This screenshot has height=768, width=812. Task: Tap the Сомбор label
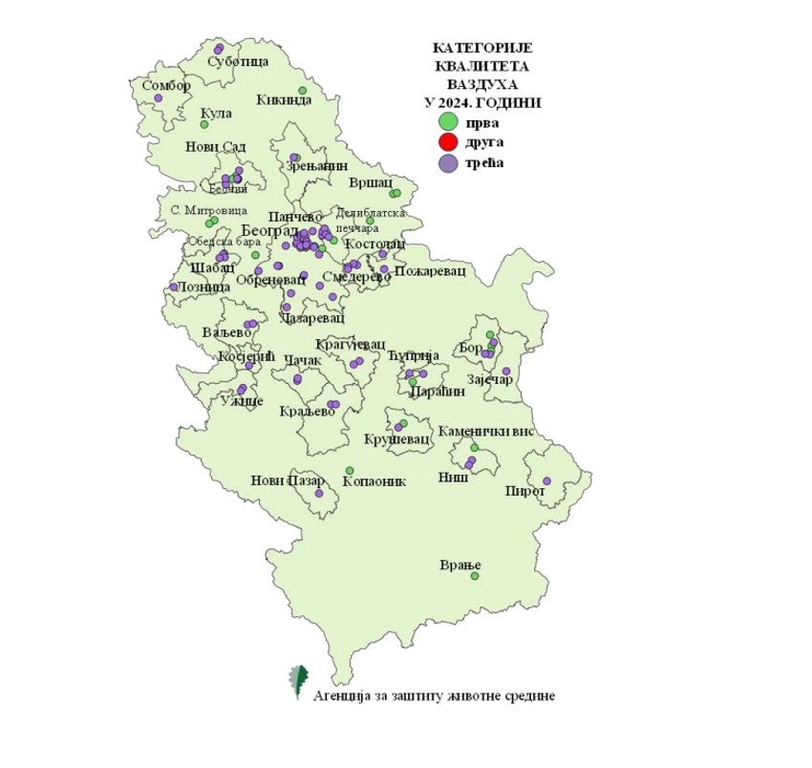click(166, 85)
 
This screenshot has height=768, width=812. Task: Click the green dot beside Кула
click(203, 124)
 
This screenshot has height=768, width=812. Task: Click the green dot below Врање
click(474, 576)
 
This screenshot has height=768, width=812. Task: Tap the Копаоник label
click(374, 481)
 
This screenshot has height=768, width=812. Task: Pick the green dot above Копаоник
click(350, 470)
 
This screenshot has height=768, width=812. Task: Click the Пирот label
click(526, 492)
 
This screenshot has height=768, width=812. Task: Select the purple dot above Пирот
click(546, 480)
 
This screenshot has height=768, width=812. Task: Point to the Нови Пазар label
click(288, 480)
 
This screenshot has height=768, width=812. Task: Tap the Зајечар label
click(494, 379)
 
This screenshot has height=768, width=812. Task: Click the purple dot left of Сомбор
click(159, 98)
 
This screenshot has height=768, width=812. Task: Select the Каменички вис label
click(492, 432)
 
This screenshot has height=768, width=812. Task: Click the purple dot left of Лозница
click(173, 287)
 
